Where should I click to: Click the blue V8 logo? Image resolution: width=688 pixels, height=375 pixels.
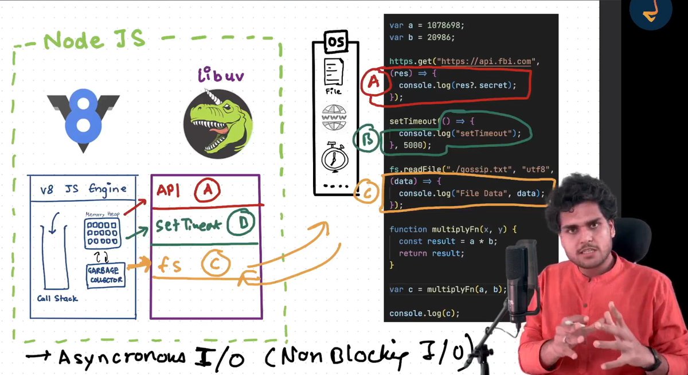click(84, 119)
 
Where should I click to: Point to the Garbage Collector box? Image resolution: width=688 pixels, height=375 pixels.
click(105, 276)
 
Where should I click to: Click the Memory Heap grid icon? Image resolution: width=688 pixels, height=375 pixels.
click(103, 233)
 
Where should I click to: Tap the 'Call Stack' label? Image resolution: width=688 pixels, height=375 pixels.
click(57, 298)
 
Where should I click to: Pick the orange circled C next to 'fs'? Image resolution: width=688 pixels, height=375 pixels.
click(216, 264)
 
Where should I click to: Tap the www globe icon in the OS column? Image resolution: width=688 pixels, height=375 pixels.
click(334, 118)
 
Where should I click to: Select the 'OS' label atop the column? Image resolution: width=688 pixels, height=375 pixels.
click(335, 42)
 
